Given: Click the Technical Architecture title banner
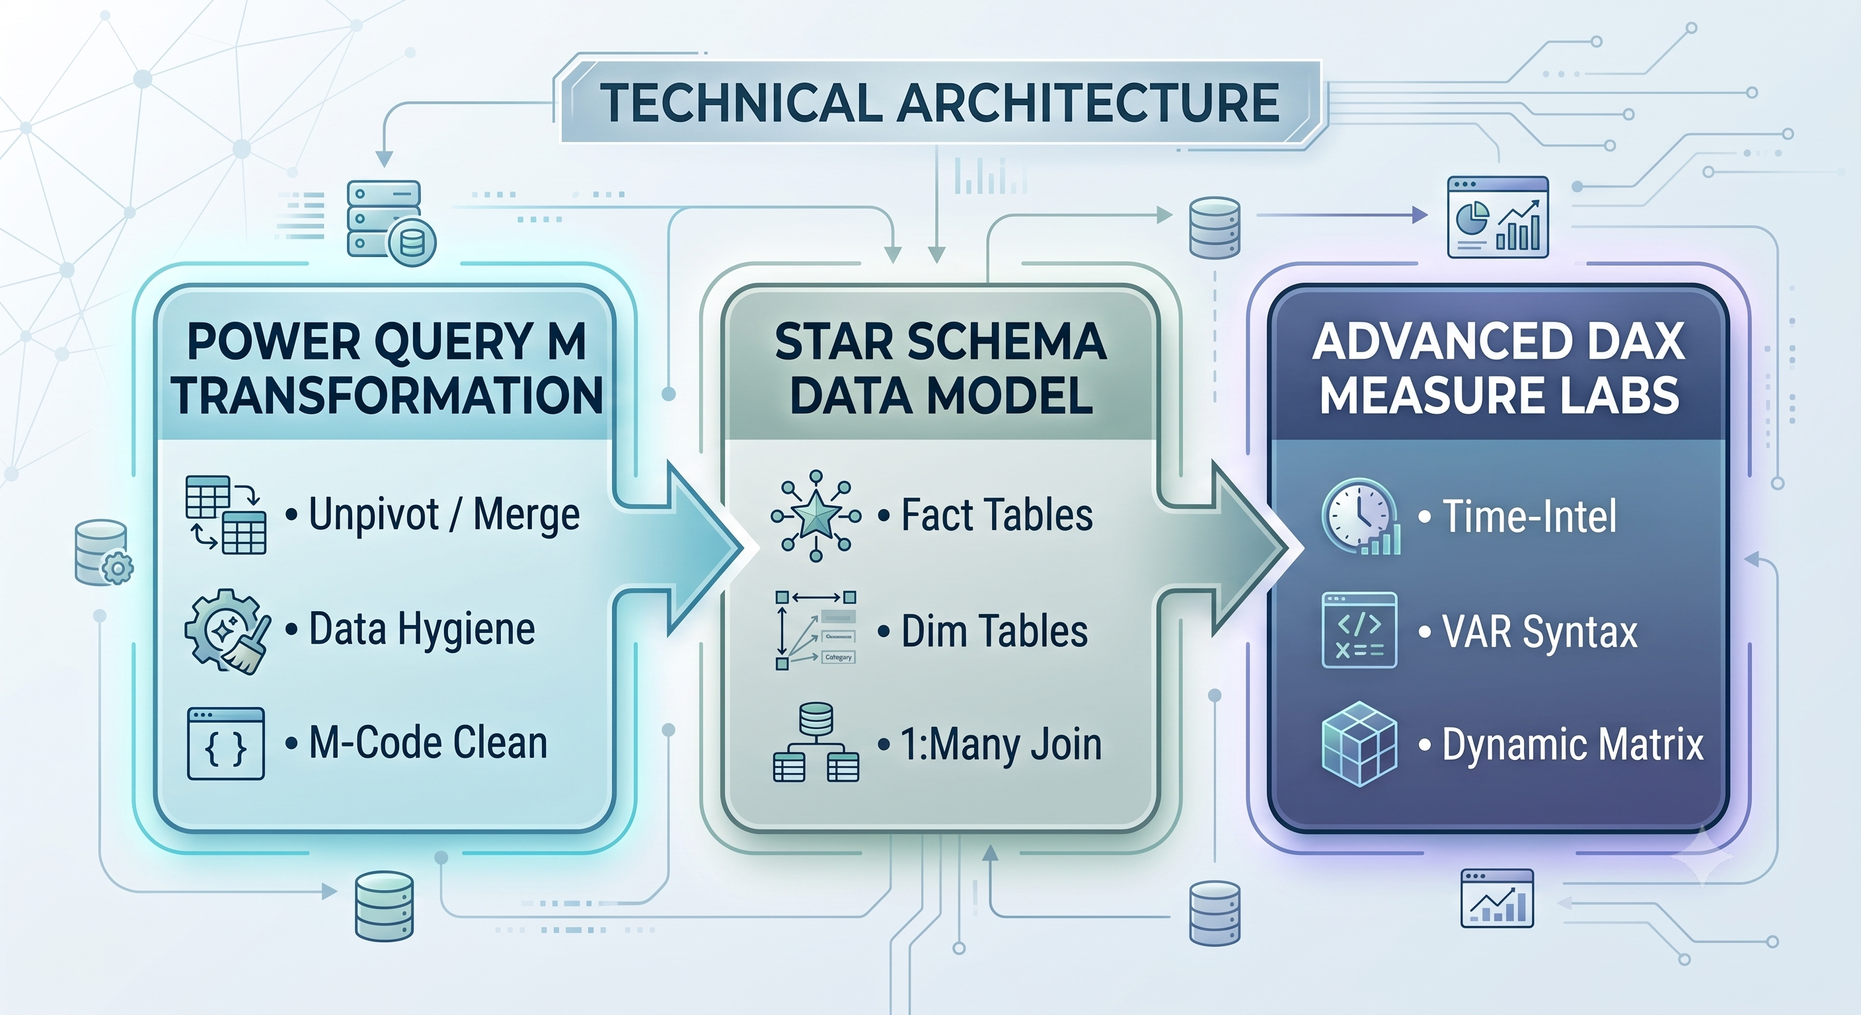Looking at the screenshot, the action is [939, 102].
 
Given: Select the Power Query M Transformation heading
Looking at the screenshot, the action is [387, 369].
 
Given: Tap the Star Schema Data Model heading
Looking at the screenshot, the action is [940, 369].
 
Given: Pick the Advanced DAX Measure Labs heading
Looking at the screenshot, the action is [1499, 369].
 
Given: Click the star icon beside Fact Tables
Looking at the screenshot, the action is [816, 515].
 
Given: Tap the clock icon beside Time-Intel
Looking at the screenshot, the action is [1360, 516].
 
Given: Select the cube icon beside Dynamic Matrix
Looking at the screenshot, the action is [1359, 743].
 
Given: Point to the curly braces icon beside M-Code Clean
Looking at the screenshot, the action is [225, 743].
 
